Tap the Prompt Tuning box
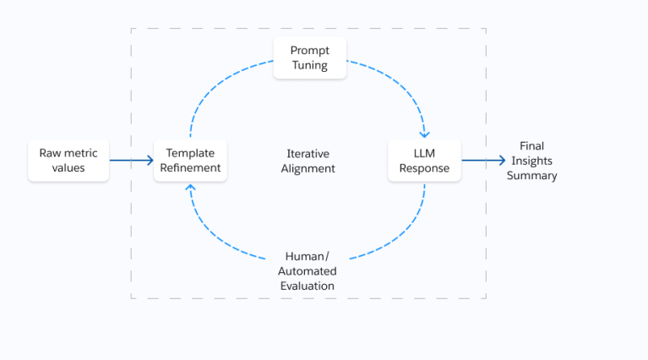click(310, 58)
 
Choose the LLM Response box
click(424, 161)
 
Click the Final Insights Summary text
click(532, 161)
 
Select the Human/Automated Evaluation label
click(308, 270)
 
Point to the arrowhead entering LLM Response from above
click(425, 133)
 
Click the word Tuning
click(310, 66)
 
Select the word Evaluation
click(308, 286)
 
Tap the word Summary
click(532, 176)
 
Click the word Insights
click(532, 161)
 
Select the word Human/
click(308, 255)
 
